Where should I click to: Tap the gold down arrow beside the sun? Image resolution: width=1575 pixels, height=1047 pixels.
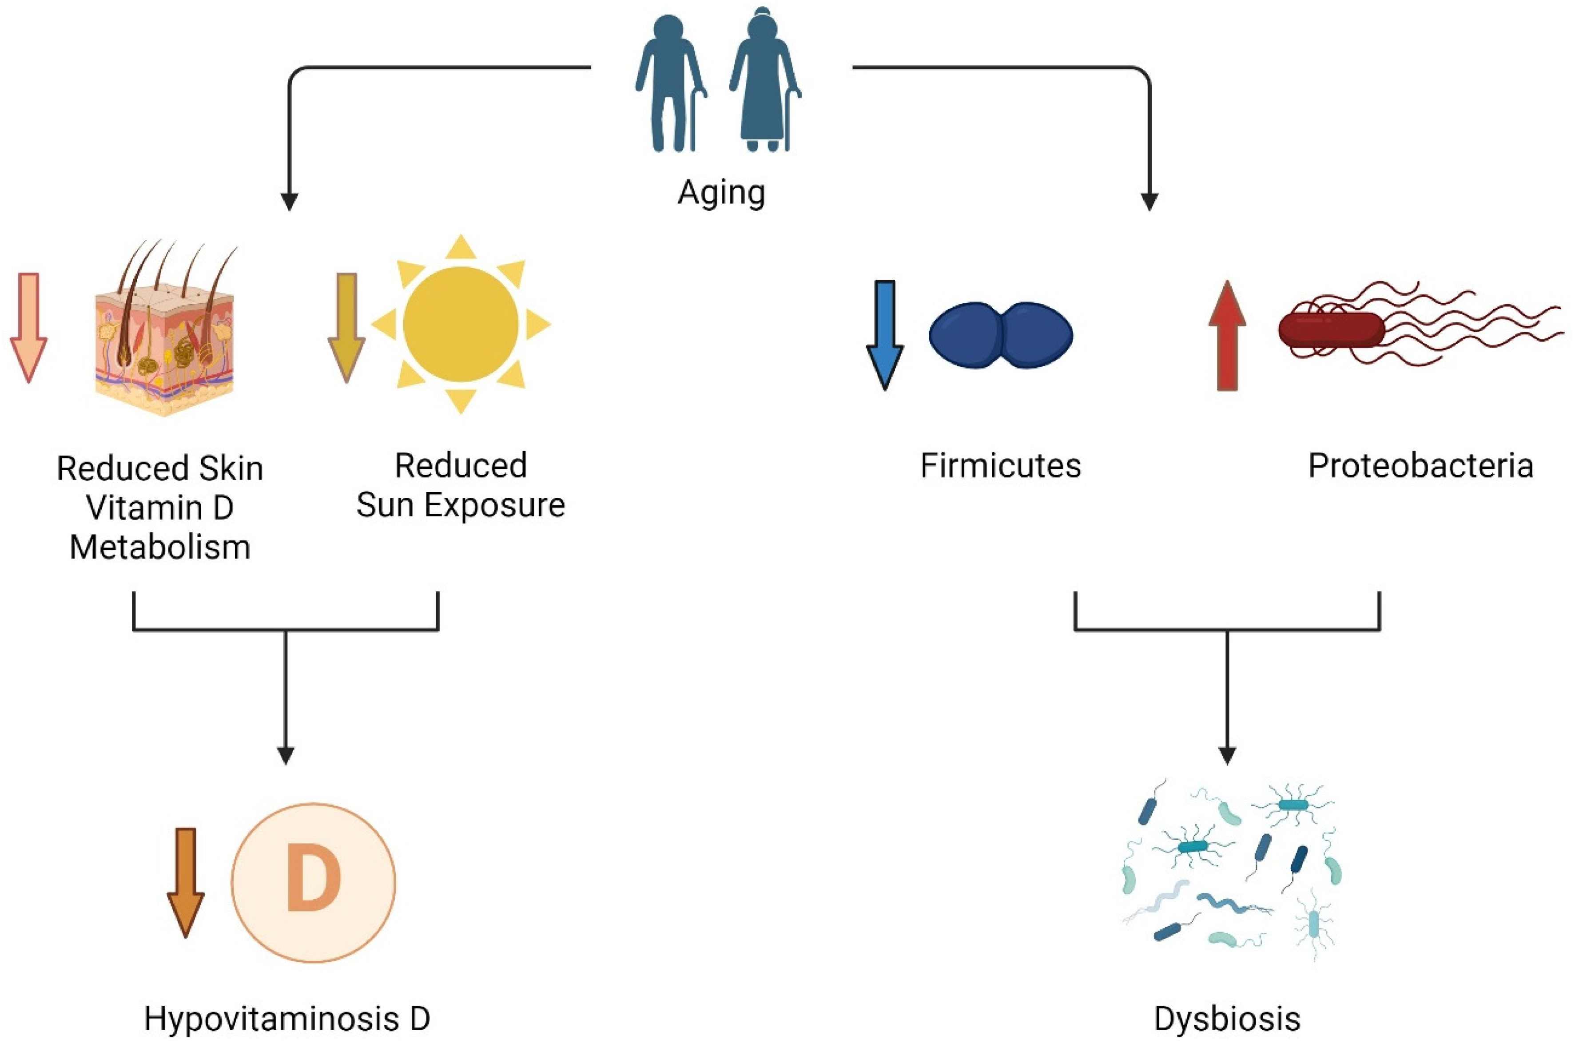(346, 327)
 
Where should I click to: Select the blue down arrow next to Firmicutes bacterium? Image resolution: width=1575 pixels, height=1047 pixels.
(884, 334)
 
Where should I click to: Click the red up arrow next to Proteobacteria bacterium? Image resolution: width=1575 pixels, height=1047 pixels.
(1227, 334)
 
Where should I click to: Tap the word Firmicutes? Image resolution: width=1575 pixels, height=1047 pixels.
(1000, 466)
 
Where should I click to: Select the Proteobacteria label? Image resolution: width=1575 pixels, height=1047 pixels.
(1420, 466)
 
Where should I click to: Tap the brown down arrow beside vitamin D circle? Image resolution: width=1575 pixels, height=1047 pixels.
(185, 881)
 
